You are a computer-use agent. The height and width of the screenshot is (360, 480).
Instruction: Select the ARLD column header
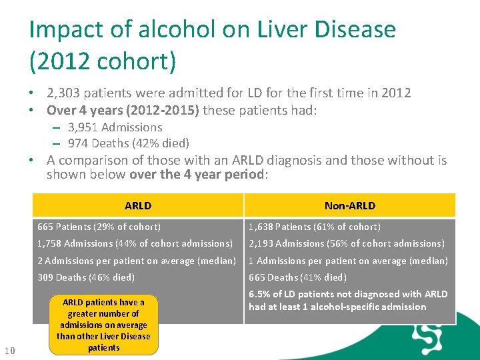(x=138, y=205)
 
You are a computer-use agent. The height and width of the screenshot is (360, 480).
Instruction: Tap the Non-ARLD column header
(x=349, y=205)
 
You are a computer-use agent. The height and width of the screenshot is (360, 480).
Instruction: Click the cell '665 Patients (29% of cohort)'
(x=99, y=227)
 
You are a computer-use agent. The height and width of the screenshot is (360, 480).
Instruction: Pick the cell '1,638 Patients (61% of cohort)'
(x=314, y=227)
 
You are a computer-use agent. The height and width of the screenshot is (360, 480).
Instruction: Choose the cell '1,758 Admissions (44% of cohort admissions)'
(x=135, y=243)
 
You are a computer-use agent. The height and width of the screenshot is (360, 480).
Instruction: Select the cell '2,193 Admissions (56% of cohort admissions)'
(x=346, y=243)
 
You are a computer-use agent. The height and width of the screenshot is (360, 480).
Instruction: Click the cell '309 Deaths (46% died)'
(x=86, y=277)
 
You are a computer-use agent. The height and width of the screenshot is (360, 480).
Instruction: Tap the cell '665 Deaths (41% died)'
(x=297, y=277)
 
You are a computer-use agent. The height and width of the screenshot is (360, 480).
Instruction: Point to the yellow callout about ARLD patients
(x=103, y=325)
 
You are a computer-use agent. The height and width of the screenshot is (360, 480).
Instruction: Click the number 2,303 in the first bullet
(x=65, y=93)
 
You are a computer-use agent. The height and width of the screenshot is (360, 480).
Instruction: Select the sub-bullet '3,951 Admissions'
(x=115, y=127)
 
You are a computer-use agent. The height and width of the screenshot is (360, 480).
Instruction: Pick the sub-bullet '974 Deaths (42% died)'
(x=128, y=143)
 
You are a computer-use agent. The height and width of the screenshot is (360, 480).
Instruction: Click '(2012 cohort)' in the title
(x=103, y=61)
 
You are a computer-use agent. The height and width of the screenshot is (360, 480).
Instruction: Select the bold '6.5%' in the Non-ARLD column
(x=259, y=294)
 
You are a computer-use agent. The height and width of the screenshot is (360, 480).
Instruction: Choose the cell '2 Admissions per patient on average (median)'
(x=137, y=261)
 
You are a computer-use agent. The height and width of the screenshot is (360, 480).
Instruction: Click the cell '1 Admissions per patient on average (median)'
(x=348, y=261)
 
